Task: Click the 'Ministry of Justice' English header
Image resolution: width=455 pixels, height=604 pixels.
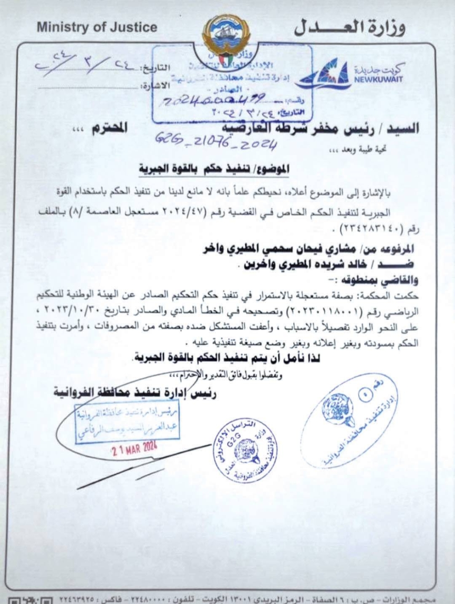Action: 97,27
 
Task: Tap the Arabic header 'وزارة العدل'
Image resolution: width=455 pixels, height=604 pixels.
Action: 349,28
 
